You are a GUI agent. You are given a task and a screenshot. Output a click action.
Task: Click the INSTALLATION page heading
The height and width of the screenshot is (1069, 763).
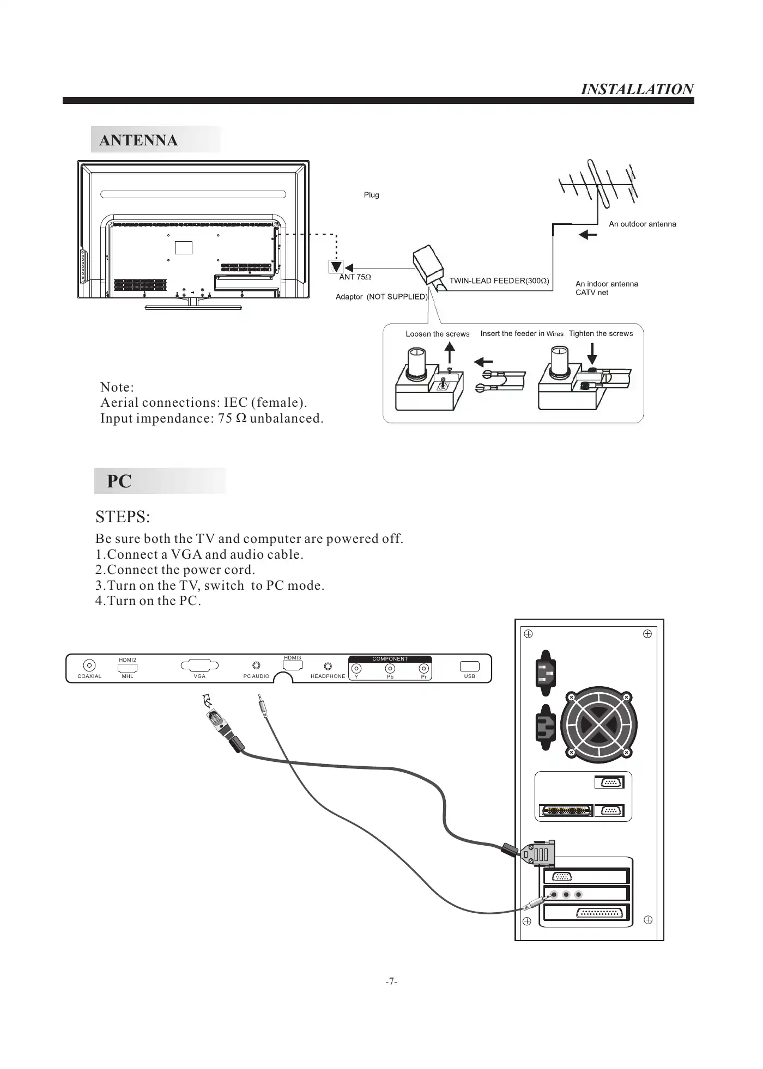[637, 89]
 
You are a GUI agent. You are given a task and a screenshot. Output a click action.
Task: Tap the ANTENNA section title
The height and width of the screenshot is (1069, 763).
[138, 141]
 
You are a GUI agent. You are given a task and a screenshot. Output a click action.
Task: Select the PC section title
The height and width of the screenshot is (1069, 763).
[119, 481]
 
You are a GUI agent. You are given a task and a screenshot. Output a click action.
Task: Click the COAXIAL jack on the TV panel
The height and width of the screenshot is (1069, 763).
[89, 665]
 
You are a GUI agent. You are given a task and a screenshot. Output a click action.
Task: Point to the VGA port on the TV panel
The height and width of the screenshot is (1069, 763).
[199, 665]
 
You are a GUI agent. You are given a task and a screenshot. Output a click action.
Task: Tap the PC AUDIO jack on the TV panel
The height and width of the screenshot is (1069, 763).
[257, 665]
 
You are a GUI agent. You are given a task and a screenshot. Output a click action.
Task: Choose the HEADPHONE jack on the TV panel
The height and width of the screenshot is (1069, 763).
[328, 666]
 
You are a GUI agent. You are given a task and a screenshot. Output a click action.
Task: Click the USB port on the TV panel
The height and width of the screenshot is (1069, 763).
[469, 666]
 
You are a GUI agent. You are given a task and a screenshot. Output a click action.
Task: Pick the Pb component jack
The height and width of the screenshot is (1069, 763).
[390, 669]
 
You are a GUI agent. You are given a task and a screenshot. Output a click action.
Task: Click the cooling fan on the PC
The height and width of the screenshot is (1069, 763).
[598, 724]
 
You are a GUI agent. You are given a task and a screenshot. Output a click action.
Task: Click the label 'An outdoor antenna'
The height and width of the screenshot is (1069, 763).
[642, 224]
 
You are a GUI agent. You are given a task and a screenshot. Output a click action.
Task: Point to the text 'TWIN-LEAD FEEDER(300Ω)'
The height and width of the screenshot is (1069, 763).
[499, 281]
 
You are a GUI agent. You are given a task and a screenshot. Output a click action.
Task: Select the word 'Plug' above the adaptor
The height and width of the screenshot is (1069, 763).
[371, 195]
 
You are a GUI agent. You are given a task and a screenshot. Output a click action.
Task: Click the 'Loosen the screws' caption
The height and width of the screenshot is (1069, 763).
[437, 334]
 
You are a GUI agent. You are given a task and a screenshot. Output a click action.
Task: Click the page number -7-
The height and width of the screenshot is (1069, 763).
[391, 981]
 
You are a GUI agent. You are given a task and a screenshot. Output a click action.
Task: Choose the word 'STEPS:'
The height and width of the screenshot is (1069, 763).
[123, 516]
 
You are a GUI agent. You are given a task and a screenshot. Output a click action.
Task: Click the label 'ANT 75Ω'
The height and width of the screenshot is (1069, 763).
[355, 277]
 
